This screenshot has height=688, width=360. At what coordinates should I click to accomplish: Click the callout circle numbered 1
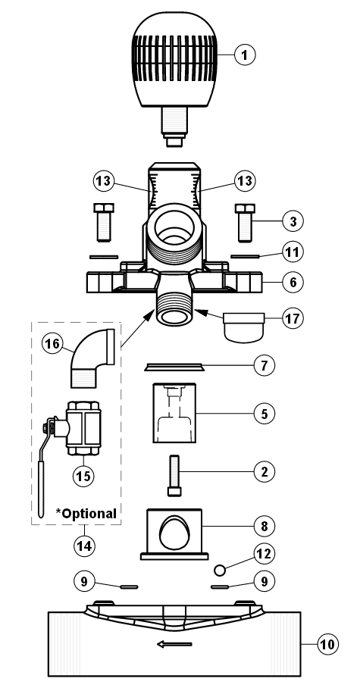point(245,55)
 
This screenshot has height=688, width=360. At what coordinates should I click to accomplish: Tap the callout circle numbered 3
point(293,221)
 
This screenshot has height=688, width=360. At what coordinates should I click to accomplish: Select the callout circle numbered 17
point(293,318)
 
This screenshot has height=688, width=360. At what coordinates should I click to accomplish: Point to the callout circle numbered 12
point(264,554)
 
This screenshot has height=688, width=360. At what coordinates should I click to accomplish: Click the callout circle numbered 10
point(327,644)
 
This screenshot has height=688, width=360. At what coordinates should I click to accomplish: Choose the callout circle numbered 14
point(84,546)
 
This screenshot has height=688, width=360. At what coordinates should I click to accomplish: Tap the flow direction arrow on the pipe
point(174,644)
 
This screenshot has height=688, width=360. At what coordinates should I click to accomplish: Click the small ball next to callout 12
point(220,570)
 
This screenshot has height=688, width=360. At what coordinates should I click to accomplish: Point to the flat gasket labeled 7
point(174,367)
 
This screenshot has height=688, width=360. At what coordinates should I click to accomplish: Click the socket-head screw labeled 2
point(174,476)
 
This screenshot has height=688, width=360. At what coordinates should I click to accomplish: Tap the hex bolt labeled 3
point(245,223)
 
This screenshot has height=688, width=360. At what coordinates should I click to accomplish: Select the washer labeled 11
point(246,256)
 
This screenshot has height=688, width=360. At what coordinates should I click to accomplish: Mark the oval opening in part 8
point(175,532)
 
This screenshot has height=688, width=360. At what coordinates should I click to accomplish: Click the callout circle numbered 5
point(264,413)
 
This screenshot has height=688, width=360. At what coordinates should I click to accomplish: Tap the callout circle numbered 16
point(52,343)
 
